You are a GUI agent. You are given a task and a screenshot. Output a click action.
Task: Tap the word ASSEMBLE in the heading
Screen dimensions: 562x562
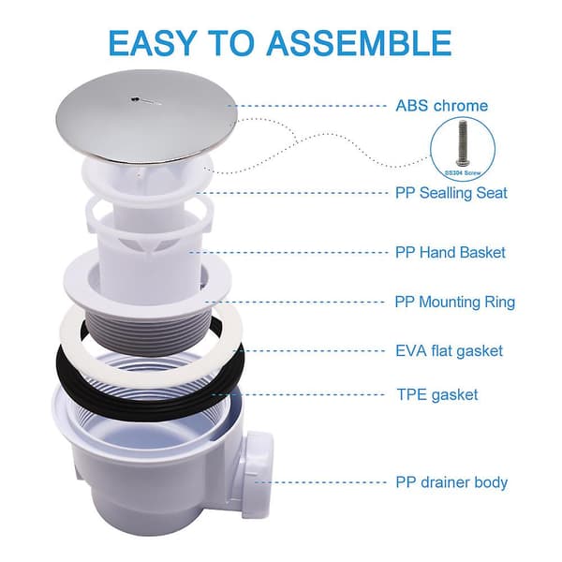pos(359,43)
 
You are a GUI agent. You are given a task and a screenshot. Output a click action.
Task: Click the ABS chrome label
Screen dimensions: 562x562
pos(441,106)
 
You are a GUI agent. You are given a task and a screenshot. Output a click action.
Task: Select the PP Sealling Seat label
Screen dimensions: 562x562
pos(451,193)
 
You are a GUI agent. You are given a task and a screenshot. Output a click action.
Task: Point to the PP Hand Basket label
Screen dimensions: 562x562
pos(451,252)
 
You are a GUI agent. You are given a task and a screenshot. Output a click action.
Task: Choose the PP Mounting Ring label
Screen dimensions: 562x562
pos(455,303)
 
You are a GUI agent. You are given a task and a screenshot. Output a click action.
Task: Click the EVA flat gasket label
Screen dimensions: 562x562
pos(449,351)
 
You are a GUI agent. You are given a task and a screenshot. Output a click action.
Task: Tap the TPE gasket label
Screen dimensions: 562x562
pos(437,395)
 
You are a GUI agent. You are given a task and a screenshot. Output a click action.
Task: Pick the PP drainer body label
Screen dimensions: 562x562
pos(451,482)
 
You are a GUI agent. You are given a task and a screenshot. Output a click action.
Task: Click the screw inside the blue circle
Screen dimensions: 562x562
pos(463,143)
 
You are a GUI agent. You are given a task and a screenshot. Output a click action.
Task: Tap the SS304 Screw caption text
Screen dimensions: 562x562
pos(463,173)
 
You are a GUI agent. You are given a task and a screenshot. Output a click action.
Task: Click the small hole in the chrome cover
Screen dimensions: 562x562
pos(133,99)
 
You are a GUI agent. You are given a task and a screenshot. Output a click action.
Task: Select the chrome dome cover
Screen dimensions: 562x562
pos(147,116)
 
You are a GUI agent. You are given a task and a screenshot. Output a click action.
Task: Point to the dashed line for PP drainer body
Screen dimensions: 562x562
pos(320,482)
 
